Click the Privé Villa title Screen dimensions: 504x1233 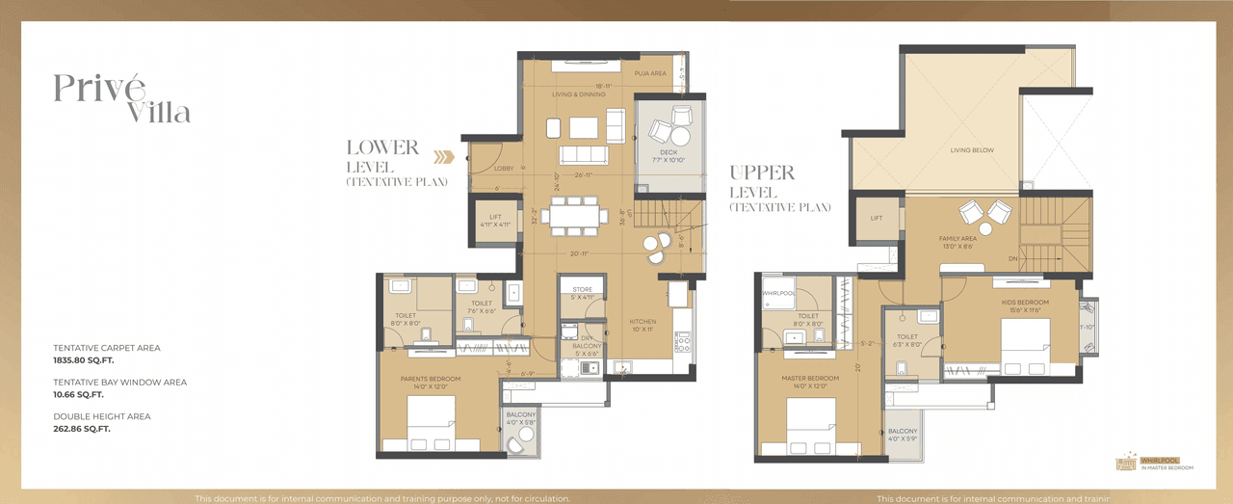point(121,98)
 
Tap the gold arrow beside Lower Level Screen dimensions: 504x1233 point(443,157)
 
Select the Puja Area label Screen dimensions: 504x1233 point(650,73)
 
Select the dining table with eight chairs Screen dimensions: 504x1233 point(576,217)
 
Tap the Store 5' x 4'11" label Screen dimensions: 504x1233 point(582,293)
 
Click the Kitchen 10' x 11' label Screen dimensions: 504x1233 point(643,326)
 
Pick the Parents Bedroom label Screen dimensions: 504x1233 point(431,379)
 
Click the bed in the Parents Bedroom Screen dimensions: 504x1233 point(431,424)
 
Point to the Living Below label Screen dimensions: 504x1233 point(972,150)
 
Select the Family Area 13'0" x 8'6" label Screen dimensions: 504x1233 point(958,241)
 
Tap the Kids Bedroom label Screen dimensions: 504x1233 point(1024,305)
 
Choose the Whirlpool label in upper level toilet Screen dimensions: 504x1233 point(776,293)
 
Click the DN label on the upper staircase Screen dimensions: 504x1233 point(1012,258)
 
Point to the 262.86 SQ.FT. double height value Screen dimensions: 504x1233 point(82,429)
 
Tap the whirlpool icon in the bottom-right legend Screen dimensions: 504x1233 point(1124,464)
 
